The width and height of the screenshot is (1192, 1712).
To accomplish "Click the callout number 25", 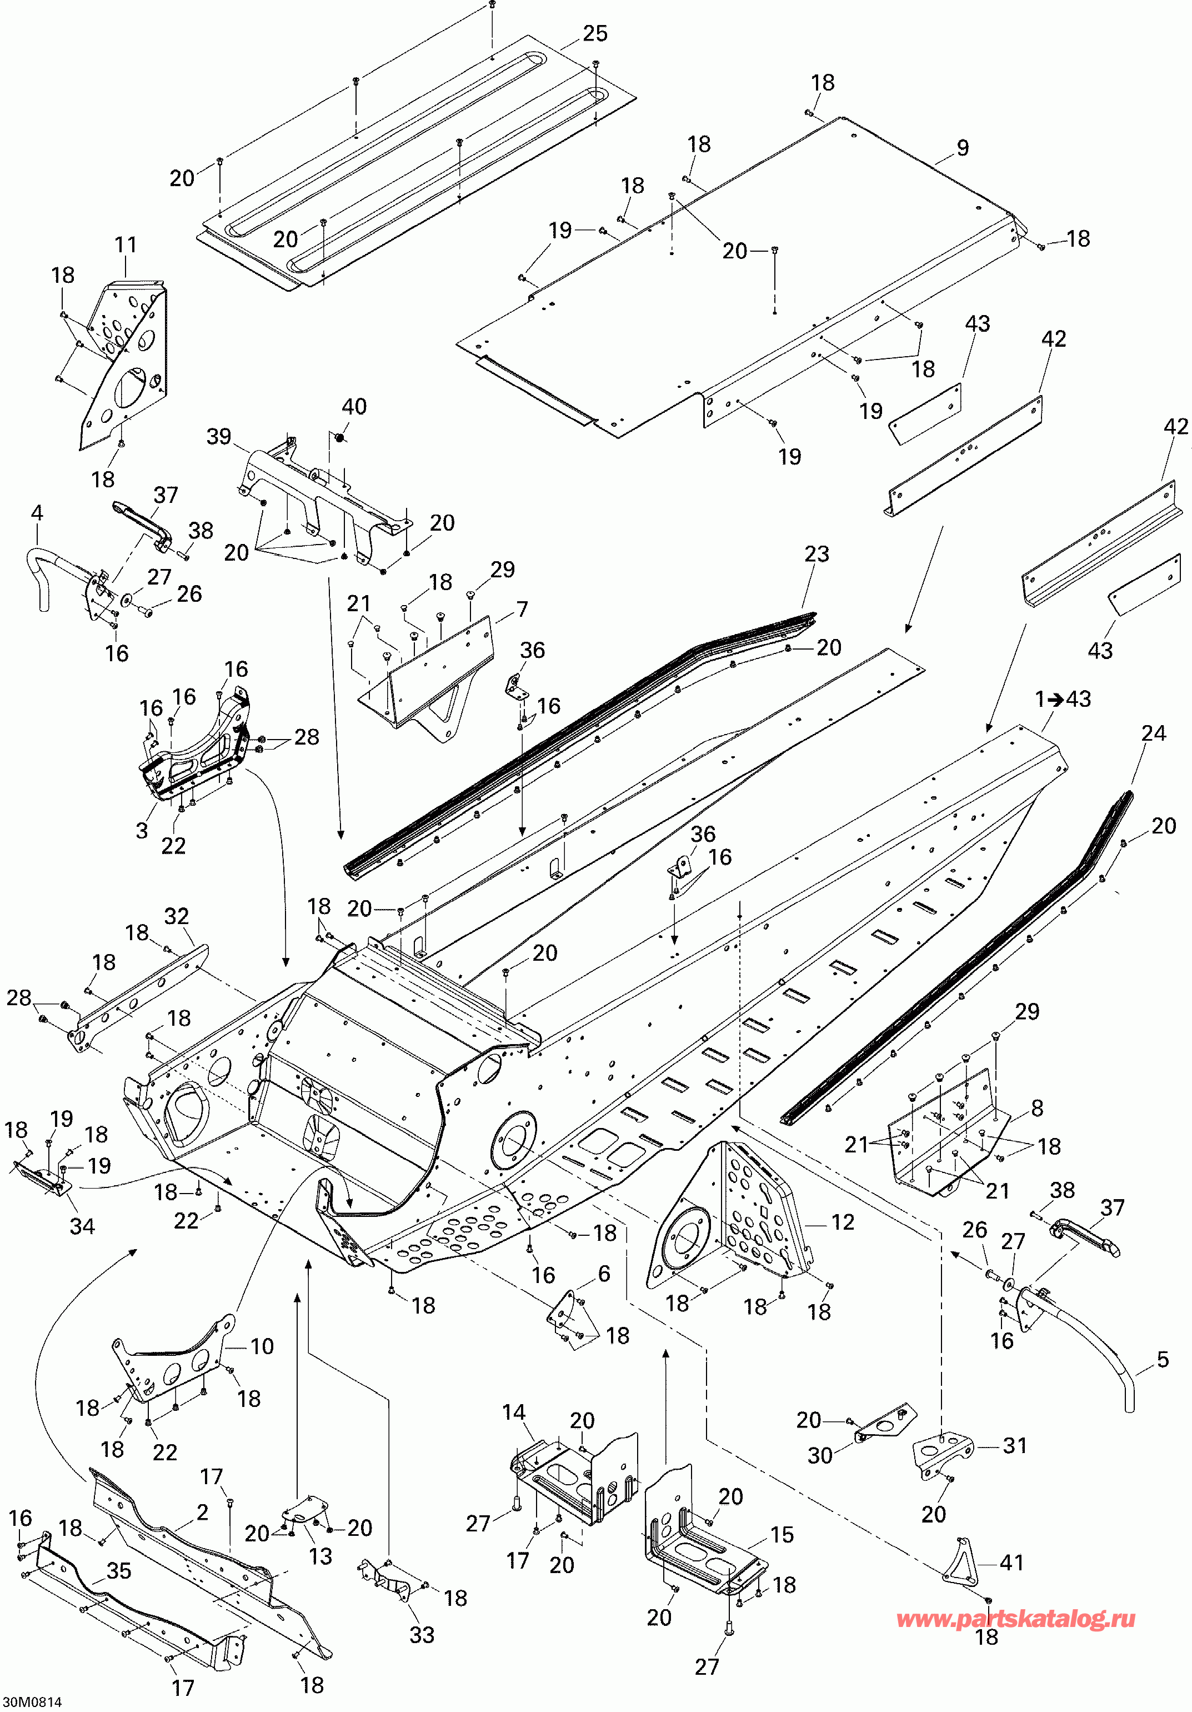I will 595,33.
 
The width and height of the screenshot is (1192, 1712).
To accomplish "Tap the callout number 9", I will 963,148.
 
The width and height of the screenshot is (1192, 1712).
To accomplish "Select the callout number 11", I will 126,244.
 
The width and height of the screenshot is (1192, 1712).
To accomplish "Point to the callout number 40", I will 354,406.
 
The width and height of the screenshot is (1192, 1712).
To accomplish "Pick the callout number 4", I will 37,512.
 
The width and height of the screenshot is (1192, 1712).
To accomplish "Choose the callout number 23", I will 817,553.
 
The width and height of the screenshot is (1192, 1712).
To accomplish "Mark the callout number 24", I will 1153,733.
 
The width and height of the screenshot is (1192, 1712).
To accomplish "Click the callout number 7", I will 522,609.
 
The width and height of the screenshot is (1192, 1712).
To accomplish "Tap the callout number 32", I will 177,916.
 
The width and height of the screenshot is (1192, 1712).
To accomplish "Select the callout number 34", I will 82,1226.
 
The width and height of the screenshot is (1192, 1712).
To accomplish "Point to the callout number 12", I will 843,1221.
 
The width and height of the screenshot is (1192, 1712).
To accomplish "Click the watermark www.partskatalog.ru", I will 1016,1619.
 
